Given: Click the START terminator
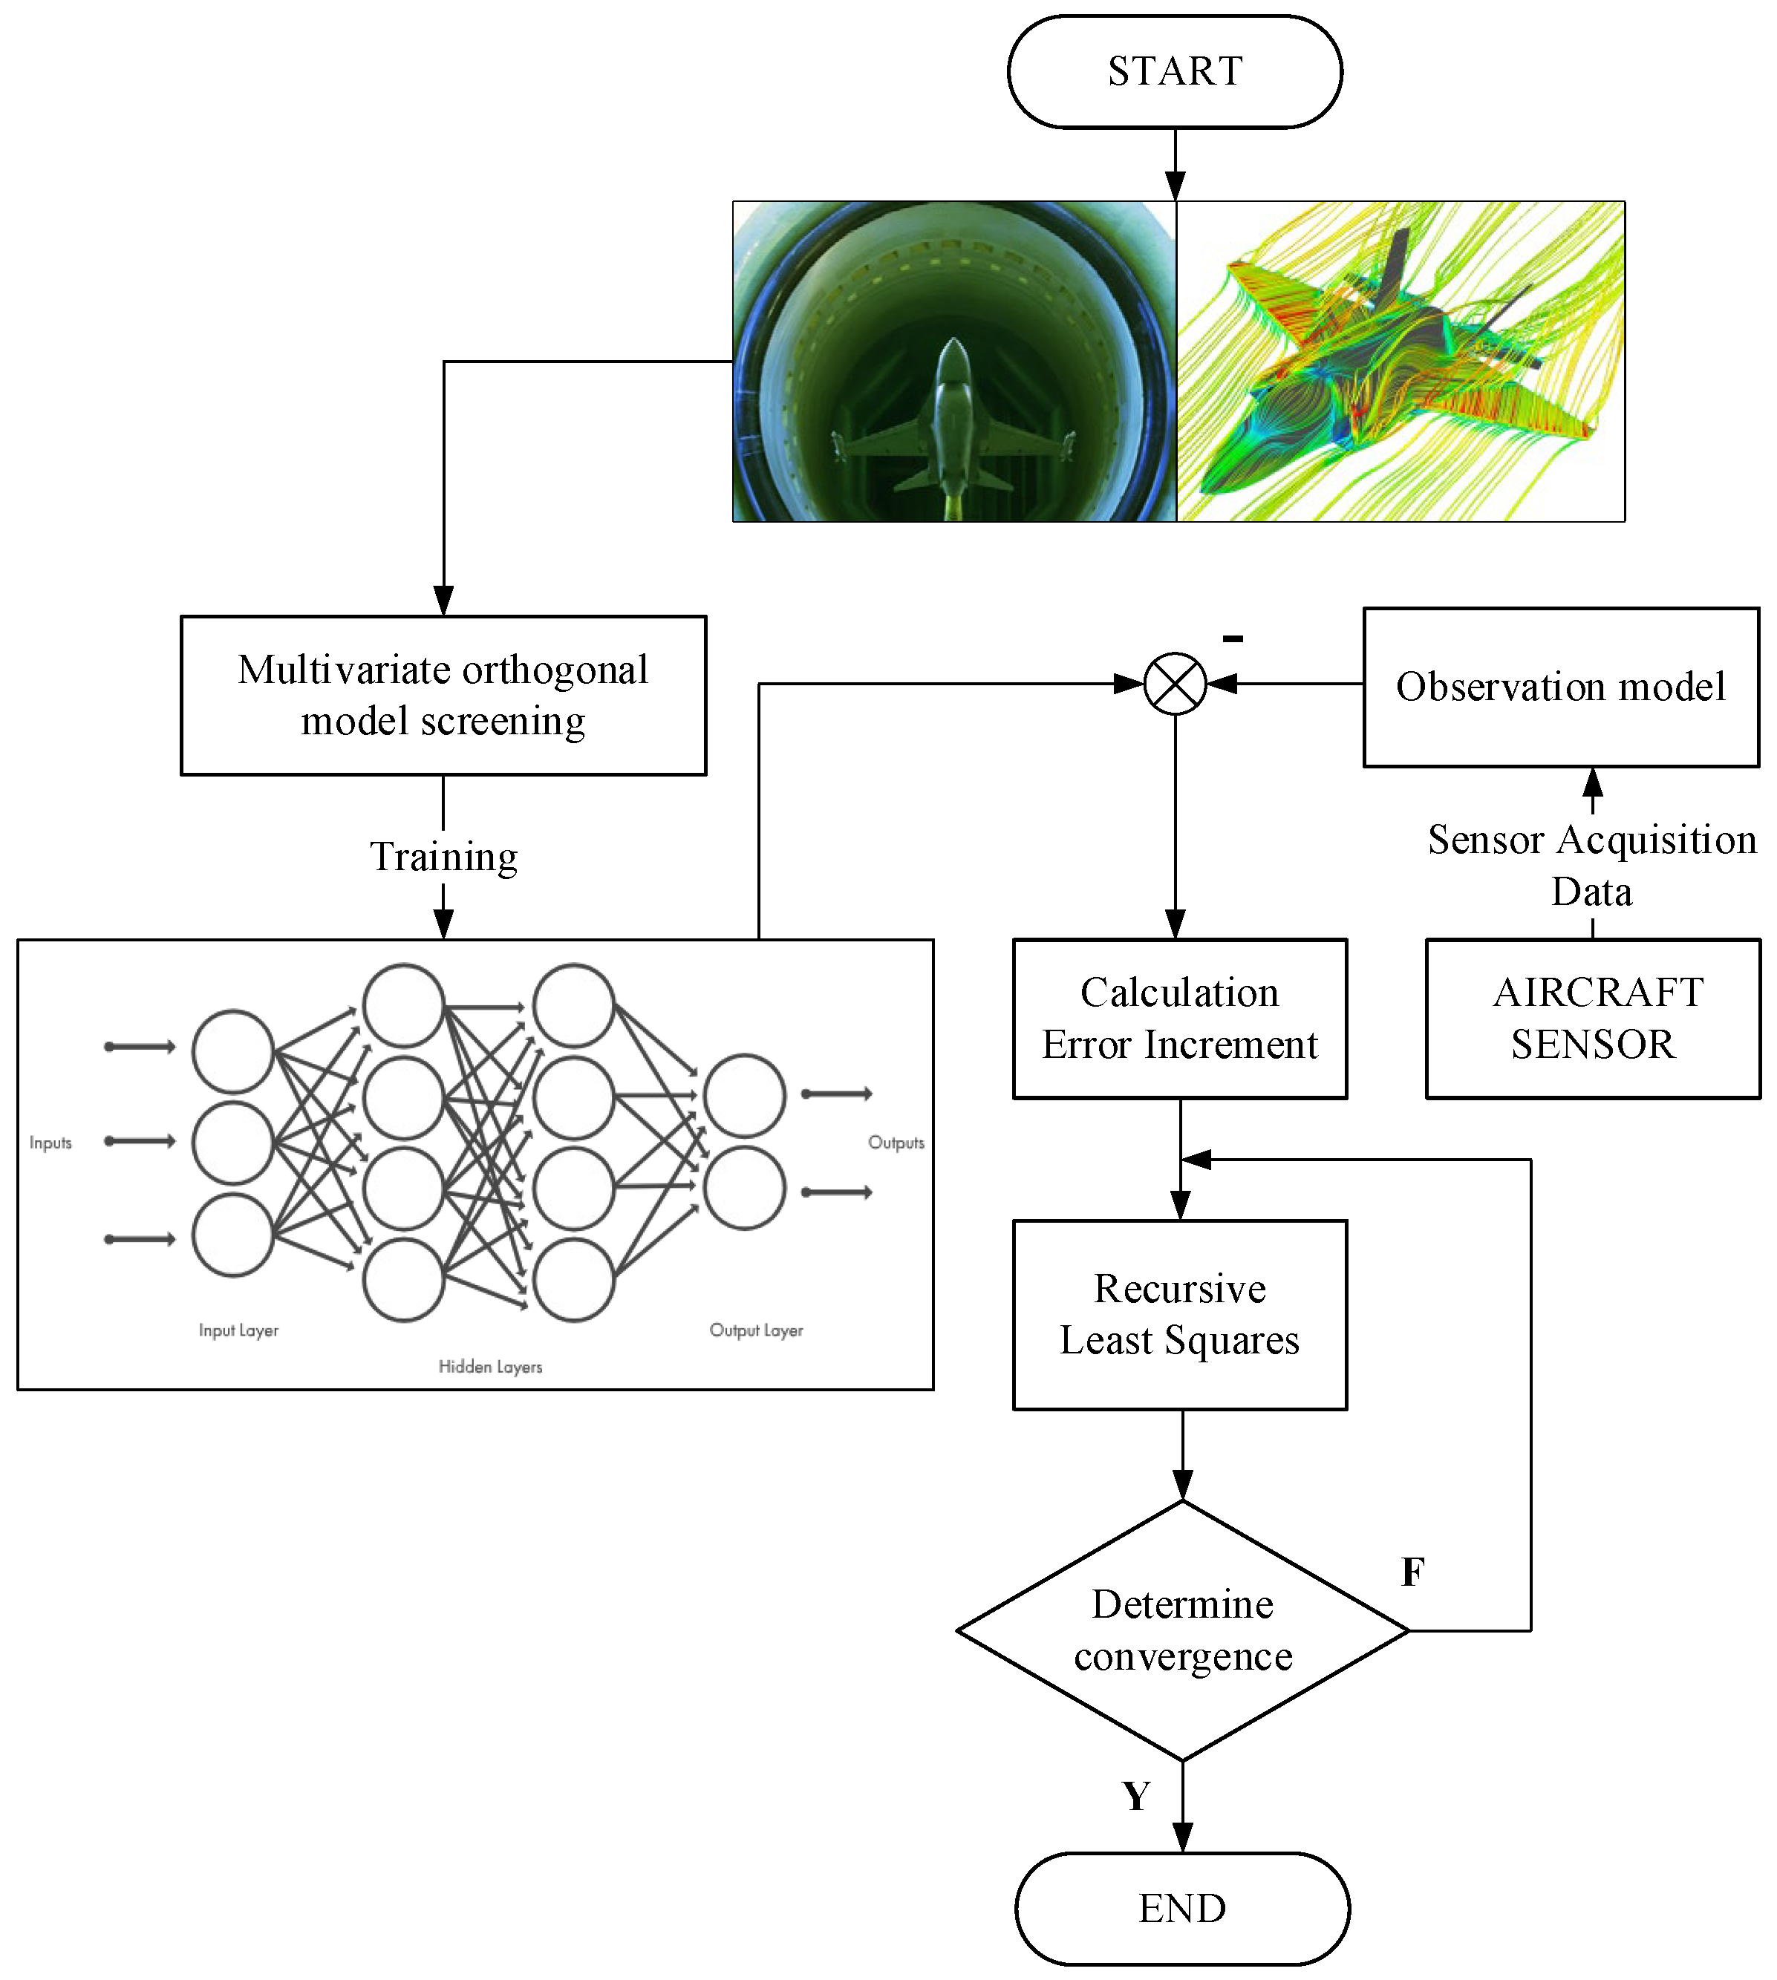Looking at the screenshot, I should coord(1175,71).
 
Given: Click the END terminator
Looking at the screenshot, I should coord(1181,1908).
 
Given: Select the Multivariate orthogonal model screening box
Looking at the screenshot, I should coord(443,695).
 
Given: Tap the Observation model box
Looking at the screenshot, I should coord(1560,687).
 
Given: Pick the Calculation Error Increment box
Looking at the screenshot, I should coord(1179,1019).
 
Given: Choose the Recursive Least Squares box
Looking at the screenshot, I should coord(1179,1314).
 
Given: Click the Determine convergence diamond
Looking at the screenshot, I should coord(1182,1630).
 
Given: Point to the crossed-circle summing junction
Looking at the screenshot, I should coord(1175,684).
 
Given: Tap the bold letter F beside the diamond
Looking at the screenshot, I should coord(1412,1572).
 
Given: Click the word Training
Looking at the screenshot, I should coord(443,856).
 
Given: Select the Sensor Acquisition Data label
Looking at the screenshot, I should coord(1591,864).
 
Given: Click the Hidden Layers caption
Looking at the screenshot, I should coord(490,1367).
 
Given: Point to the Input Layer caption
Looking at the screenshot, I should coord(238,1330).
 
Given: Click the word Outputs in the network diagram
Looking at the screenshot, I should coord(896,1143).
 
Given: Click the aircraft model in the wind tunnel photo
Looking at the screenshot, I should coord(953,419).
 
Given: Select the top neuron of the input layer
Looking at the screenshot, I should coord(232,1051).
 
